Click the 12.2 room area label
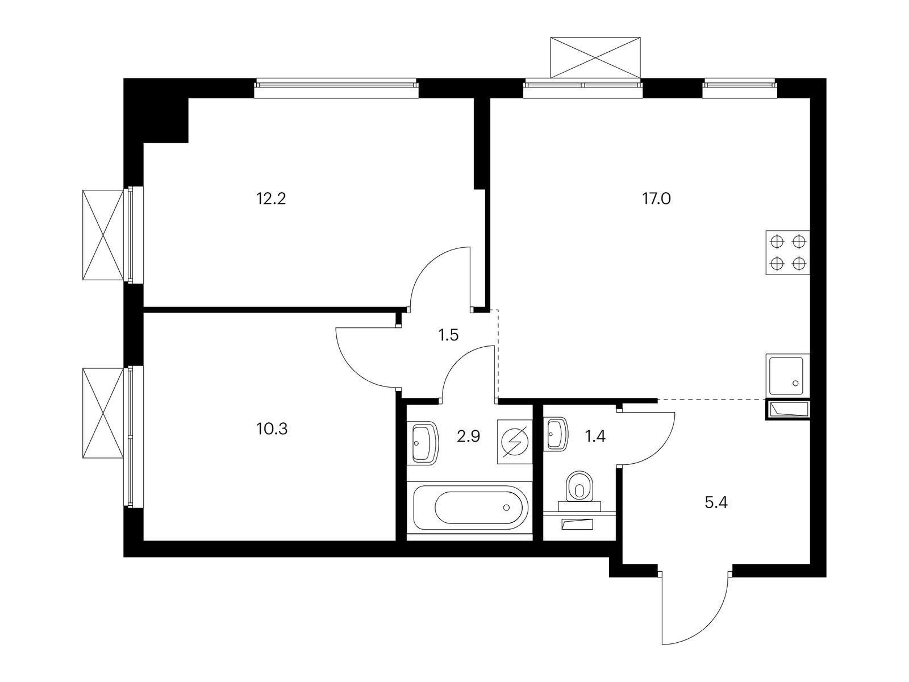271,199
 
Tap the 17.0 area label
656,199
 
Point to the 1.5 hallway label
448,335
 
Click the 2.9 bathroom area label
468,436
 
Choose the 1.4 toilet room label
595,436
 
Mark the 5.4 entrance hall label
716,503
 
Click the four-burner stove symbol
787,252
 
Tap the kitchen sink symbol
787,375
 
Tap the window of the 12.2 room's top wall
336,88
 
